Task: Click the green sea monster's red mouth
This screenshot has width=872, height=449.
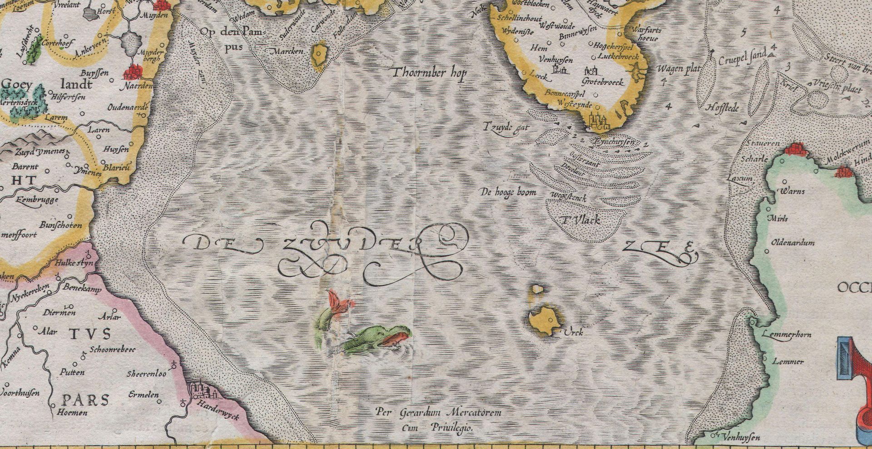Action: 396,338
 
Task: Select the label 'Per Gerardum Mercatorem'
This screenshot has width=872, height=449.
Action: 438,413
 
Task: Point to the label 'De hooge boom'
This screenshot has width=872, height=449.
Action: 508,192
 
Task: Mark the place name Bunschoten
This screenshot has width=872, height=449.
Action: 61,225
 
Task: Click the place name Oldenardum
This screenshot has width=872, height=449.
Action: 793,243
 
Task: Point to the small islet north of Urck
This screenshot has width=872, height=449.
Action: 537,289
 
